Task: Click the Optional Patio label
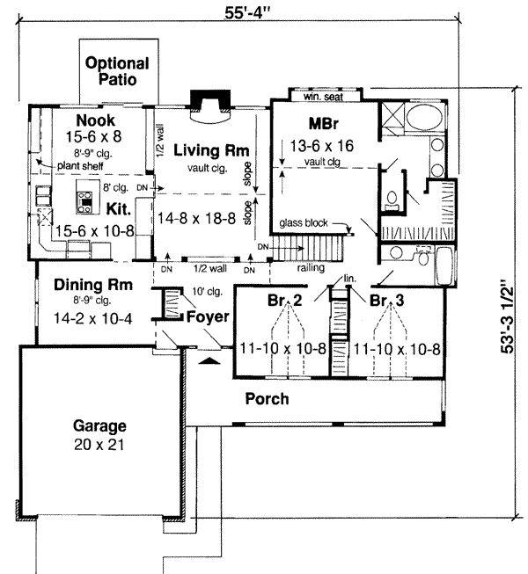tap(117, 71)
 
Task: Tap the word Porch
tap(267, 399)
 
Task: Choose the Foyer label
tap(208, 316)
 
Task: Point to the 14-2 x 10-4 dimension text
tap(92, 317)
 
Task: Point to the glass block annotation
tap(304, 223)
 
